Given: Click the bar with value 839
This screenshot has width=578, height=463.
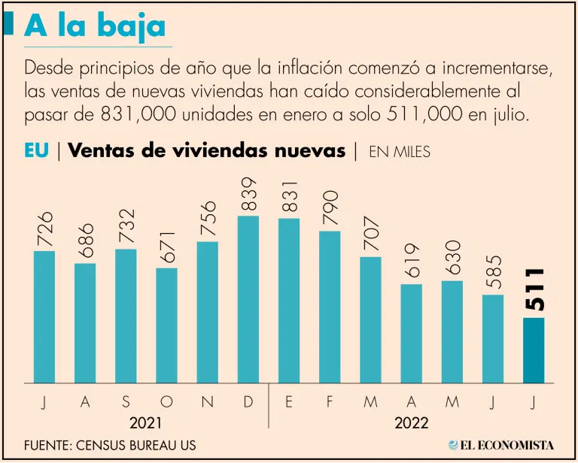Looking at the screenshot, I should [x=248, y=299].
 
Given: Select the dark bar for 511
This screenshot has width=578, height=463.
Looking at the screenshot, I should [x=534, y=350].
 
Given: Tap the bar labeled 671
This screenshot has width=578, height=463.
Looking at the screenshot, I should [x=167, y=325].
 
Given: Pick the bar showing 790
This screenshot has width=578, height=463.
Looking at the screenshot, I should [x=330, y=307].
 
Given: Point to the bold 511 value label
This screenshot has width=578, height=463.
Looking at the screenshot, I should [x=534, y=289].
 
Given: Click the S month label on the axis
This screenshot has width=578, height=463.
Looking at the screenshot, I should [x=125, y=403].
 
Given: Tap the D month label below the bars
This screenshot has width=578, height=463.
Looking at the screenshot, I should [x=248, y=403].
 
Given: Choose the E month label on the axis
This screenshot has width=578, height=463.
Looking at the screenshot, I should [x=289, y=403].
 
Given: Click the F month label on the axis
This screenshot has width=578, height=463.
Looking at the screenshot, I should [x=330, y=403].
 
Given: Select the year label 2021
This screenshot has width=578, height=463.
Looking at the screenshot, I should [x=145, y=423].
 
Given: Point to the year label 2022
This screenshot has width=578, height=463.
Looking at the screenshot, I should [x=412, y=423].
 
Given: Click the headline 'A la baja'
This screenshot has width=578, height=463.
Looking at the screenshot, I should [x=95, y=26].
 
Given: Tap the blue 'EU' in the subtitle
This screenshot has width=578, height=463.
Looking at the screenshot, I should [x=36, y=150].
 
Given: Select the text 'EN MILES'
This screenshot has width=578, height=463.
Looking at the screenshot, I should [x=399, y=152].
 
